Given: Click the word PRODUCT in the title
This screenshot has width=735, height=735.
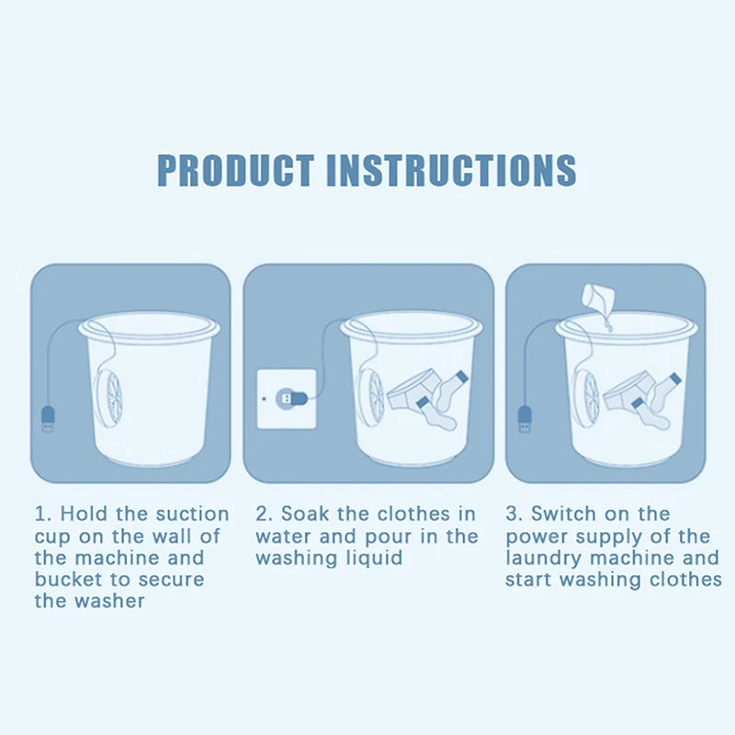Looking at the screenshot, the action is [235, 170].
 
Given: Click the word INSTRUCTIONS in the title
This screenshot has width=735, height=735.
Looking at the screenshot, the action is [451, 170].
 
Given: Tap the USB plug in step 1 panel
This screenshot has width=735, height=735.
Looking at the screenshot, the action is [48, 419].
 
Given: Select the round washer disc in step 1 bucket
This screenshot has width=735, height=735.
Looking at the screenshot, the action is [108, 394].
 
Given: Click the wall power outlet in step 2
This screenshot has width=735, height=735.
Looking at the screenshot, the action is [287, 399].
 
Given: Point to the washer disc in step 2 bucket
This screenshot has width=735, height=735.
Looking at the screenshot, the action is [371, 393].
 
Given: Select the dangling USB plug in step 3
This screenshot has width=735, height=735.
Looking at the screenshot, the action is [525, 419].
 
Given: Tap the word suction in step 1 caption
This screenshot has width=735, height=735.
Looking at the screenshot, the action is [192, 514].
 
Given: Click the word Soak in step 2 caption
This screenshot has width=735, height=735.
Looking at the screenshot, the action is [305, 514].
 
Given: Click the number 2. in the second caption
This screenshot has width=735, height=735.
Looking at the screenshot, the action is [265, 514].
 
